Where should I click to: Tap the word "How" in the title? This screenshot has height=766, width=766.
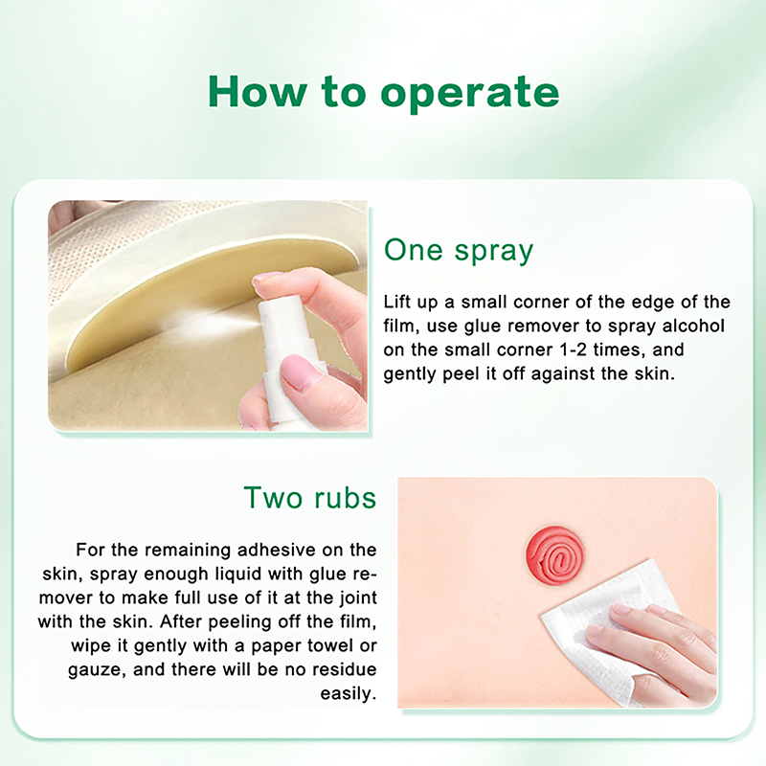258,91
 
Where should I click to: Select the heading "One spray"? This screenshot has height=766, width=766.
459,251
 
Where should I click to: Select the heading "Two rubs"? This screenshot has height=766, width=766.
310,497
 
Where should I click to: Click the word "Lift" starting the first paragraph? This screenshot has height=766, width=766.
396,302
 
